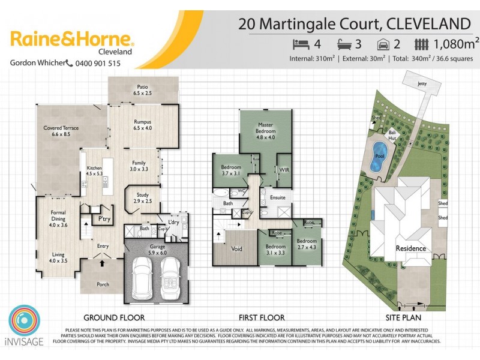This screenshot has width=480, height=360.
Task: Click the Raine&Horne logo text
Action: [x=72, y=40]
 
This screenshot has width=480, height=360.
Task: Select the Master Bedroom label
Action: [x=265, y=128]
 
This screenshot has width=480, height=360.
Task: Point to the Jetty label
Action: [x=422, y=85]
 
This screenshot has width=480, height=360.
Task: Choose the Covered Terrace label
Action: [x=61, y=131]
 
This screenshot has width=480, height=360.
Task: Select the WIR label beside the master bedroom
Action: [x=284, y=170]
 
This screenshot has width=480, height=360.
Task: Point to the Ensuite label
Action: [x=277, y=197]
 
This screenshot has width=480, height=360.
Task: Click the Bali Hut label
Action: [x=392, y=136]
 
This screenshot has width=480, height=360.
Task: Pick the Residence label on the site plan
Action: [x=410, y=248]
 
